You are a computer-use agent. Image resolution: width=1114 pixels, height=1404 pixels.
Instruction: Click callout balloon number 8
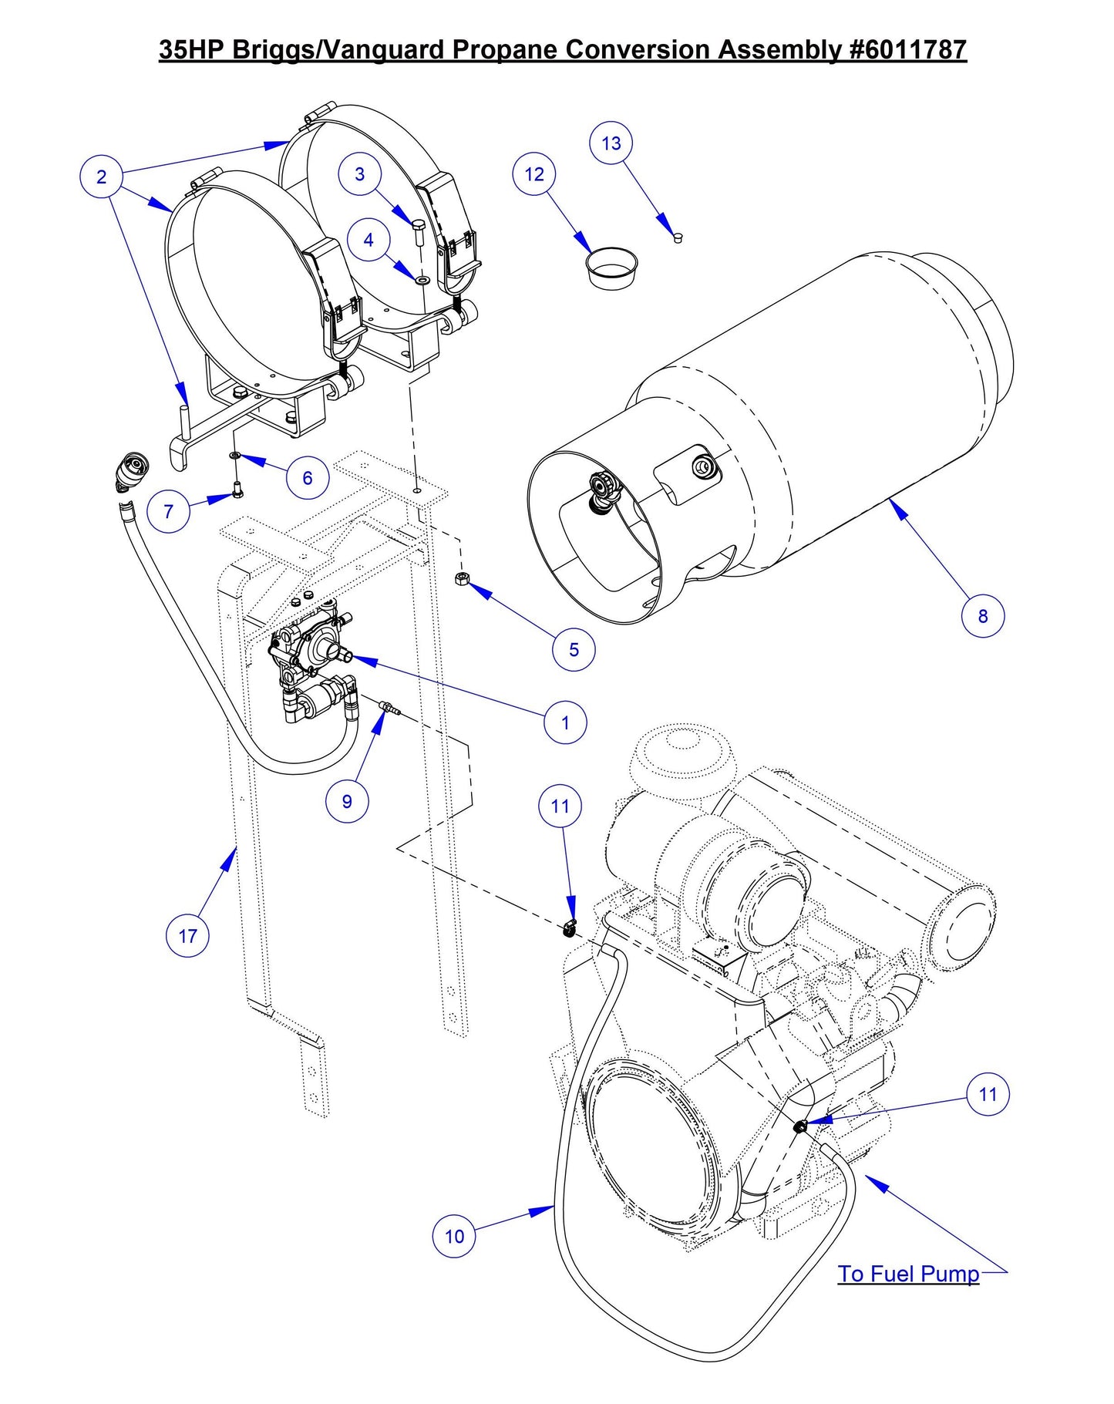[x=982, y=616]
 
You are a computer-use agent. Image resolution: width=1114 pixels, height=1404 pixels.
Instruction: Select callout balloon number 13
[x=611, y=143]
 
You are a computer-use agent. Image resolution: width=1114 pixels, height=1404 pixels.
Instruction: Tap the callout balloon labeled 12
[x=533, y=174]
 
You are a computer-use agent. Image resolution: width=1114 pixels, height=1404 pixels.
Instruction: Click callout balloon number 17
[x=187, y=936]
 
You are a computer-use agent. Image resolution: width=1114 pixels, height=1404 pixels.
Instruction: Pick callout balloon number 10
[x=454, y=1236]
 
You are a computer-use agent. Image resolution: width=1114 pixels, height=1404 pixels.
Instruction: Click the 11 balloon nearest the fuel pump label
[x=988, y=1094]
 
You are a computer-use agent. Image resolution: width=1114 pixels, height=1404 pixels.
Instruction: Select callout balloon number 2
[x=101, y=177]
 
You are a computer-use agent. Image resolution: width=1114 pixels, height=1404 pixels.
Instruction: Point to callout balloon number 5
[x=574, y=649]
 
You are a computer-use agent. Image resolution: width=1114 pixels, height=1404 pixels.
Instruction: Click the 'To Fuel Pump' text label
[x=908, y=1274]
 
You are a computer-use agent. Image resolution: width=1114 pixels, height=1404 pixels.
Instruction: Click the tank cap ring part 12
[x=612, y=266]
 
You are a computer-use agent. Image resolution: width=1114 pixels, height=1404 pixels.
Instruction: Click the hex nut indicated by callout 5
[x=461, y=578]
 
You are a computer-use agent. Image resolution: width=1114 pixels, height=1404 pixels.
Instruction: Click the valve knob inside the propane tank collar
[x=600, y=487]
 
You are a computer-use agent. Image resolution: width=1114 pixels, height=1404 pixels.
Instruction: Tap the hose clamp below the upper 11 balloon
[x=569, y=929]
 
